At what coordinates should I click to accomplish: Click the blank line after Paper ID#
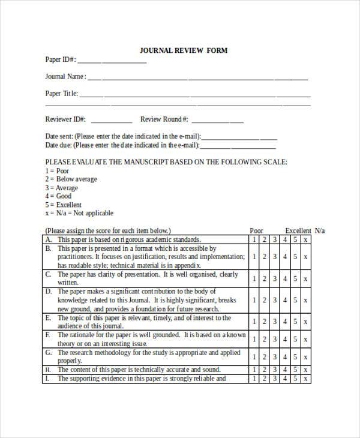coord(112,61)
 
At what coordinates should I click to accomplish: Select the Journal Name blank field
coord(198,78)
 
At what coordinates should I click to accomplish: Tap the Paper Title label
coord(61,94)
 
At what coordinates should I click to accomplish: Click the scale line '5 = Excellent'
coord(63,205)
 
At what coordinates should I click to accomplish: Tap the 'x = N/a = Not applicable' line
coord(79,213)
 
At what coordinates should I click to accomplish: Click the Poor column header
coord(256,230)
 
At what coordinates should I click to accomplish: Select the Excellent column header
coord(298,230)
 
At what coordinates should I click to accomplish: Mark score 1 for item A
coord(254,239)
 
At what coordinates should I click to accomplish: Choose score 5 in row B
coord(295,257)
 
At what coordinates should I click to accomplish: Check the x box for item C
coord(305,279)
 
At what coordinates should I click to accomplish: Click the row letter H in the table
coord(47,370)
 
